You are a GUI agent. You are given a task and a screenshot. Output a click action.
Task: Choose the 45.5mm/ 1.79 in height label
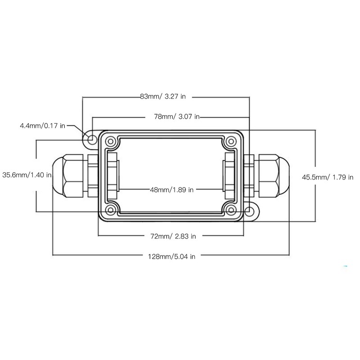point(327,177)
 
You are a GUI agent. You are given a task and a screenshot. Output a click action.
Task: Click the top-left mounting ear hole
point(91,139)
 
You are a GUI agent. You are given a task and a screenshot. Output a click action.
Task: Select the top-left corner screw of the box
point(110,141)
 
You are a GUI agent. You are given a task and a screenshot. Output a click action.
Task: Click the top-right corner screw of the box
point(231,141)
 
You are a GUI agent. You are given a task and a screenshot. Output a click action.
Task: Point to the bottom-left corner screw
point(110,210)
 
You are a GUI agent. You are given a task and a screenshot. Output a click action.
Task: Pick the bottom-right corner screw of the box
point(231,210)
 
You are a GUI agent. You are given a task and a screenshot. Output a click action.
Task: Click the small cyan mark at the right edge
point(345,266)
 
